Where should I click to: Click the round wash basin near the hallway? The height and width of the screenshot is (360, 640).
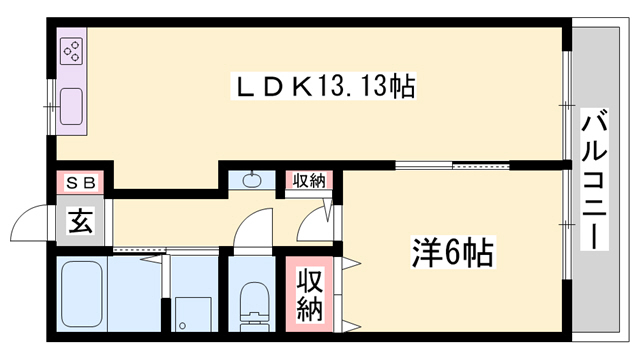[251, 181]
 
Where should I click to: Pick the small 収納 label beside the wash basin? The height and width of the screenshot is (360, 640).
[308, 181]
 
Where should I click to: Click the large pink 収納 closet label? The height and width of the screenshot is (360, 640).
[308, 292]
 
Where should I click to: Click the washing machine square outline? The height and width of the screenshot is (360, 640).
[190, 312]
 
